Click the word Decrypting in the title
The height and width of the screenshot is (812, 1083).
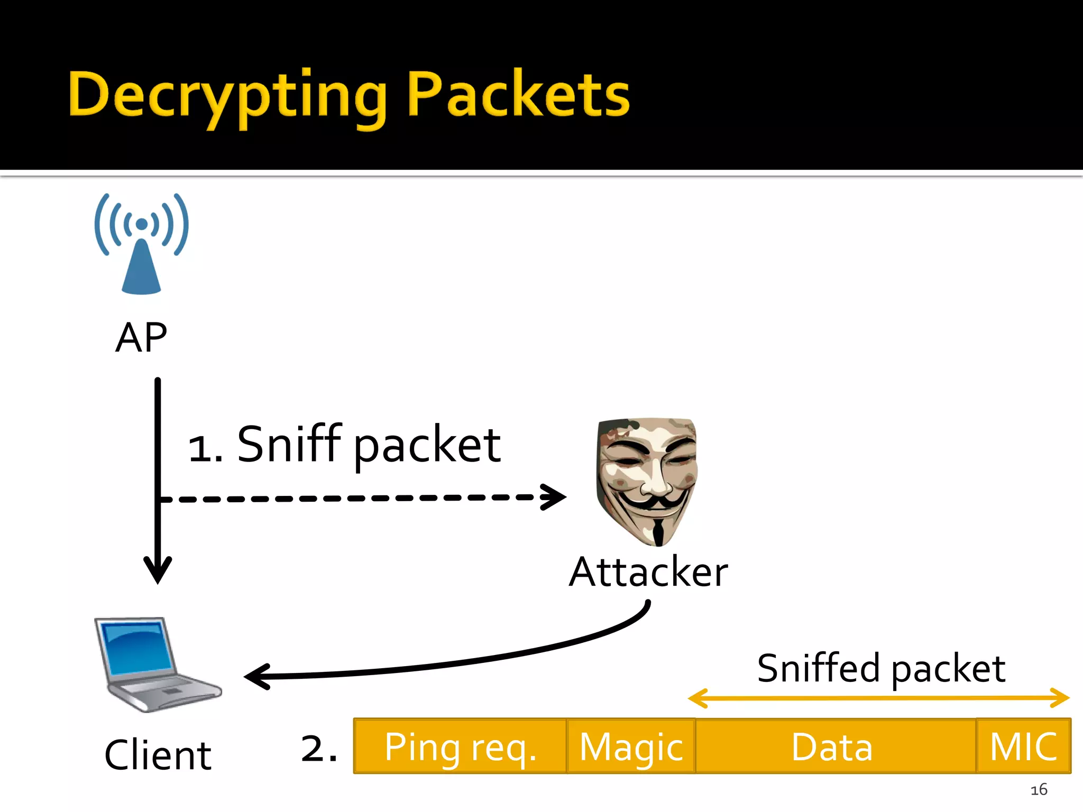pos(227,95)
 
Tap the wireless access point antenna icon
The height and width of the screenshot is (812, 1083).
pos(141,243)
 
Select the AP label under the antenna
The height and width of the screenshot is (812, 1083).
pos(141,337)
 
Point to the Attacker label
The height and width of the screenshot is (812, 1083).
pos(648,572)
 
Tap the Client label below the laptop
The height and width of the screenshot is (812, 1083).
pos(158,755)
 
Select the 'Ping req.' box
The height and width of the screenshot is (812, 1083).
pos(460,746)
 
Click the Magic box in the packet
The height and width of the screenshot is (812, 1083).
pos(631,746)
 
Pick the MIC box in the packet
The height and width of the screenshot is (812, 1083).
pos(1023,746)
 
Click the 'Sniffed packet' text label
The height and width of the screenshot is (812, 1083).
pos(880,669)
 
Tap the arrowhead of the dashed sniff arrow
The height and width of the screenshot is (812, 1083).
pos(555,497)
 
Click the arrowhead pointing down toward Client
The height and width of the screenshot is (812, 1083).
pos(158,571)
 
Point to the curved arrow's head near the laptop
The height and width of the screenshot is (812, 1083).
pos(256,677)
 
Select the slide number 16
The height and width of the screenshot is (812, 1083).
pos(1039,790)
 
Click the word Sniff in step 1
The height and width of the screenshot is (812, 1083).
pos(288,444)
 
